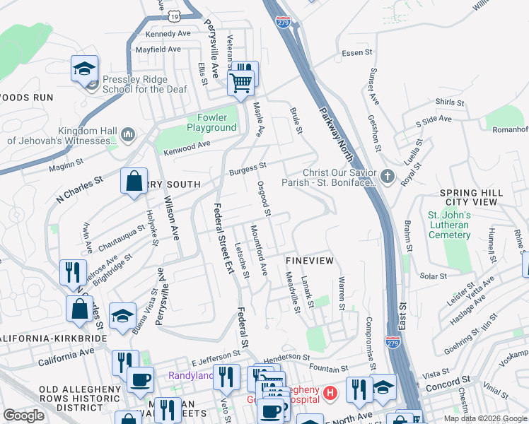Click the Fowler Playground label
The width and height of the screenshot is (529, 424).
pyautogui.click(x=211, y=122)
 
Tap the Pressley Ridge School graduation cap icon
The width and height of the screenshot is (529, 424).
pyautogui.click(x=84, y=69)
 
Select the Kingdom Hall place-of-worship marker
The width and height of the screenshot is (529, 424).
pyautogui.click(x=128, y=134)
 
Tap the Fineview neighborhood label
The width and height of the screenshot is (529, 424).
pyautogui.click(x=309, y=261)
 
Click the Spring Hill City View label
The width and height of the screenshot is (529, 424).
pyautogui.click(x=471, y=197)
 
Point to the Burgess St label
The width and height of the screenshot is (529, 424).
pyautogui.click(x=247, y=169)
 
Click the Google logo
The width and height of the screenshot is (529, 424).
pyautogui.click(x=23, y=416)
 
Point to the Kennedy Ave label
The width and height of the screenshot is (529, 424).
pyautogui.click(x=168, y=33)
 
